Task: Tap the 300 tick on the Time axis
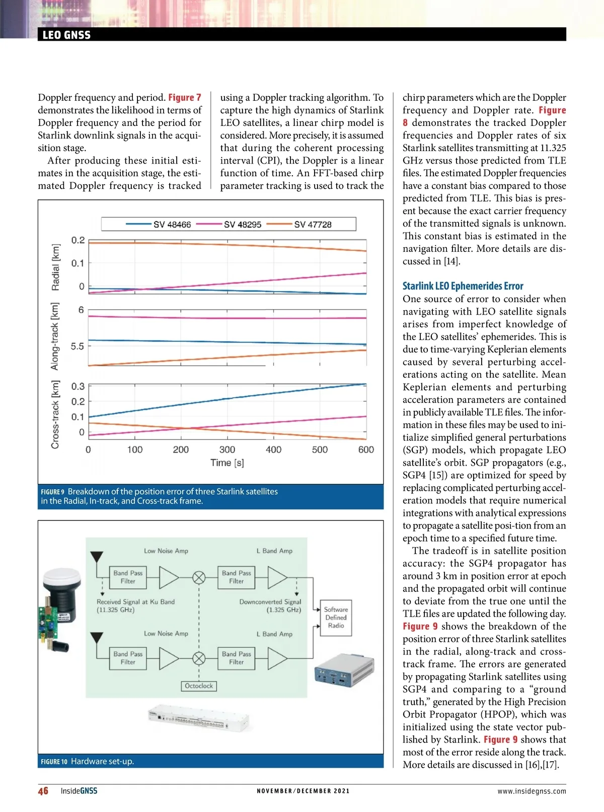[x=227, y=450]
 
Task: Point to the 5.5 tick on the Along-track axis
[x=77, y=346]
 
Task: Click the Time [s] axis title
[x=227, y=463]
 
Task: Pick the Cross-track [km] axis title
[x=55, y=414]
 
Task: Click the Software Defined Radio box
[x=336, y=617]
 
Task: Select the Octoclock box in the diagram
[x=199, y=686]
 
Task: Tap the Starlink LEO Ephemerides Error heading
[x=463, y=286]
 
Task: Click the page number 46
[x=43, y=791]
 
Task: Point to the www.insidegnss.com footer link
[x=532, y=791]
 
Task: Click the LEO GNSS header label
[x=66, y=35]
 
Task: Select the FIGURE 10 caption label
[x=54, y=762]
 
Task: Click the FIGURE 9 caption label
[x=52, y=492]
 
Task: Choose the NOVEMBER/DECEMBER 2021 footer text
[x=303, y=791]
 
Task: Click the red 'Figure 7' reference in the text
[x=184, y=98]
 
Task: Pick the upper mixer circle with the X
[x=199, y=577]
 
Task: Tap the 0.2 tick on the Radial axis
[x=78, y=240]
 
